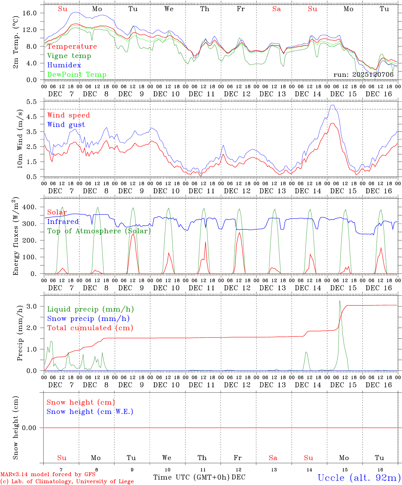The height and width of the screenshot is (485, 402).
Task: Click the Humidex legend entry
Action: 64,65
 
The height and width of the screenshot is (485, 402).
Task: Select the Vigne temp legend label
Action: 69,56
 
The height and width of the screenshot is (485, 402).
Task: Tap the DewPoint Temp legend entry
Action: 77,74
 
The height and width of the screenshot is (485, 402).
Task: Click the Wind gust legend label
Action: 66,125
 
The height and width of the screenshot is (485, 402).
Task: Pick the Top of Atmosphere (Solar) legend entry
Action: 99,231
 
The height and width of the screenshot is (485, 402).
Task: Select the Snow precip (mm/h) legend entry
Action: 88,318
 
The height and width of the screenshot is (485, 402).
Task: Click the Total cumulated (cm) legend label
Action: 90,328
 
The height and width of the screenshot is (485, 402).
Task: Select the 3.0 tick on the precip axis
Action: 33,306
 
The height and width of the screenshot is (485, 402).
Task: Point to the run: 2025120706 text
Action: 363,75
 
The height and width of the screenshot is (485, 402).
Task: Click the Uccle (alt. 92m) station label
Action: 359,478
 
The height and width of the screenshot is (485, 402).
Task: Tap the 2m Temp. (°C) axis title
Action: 16,47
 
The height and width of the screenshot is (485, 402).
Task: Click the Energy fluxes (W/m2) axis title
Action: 16,237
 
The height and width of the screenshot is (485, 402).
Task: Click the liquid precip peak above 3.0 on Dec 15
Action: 340,301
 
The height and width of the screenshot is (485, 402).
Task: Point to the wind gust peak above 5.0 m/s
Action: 333,105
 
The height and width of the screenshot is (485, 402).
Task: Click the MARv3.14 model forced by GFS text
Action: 48,475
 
